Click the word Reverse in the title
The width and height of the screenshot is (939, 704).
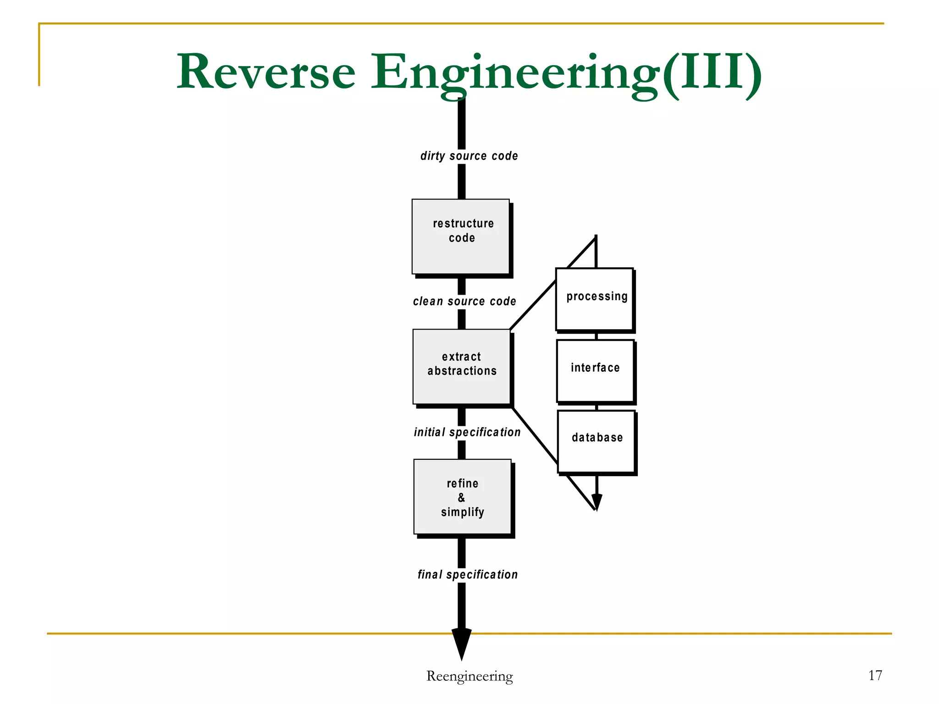(266, 72)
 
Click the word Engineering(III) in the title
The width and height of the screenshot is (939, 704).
(566, 72)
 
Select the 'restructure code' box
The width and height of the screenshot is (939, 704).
(461, 236)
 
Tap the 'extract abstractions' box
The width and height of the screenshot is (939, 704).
(462, 367)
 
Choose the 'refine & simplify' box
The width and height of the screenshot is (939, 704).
(463, 497)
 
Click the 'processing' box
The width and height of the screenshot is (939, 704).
(595, 299)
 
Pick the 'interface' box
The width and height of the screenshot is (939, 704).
(596, 370)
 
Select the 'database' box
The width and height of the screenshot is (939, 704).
(597, 441)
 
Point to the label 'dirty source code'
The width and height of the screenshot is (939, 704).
(469, 156)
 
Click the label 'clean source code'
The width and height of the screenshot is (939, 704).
(464, 301)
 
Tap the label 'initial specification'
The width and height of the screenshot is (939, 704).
(467, 432)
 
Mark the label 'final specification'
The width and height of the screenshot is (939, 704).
(468, 574)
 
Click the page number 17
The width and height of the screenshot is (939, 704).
(875, 675)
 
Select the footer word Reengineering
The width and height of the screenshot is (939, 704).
(469, 676)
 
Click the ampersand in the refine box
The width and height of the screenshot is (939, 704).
(461, 497)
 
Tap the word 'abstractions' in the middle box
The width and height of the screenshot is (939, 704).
(462, 371)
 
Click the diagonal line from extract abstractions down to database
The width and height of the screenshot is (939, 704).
(535, 435)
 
